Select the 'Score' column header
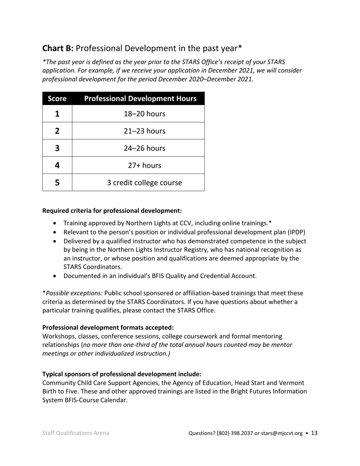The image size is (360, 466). [57, 99]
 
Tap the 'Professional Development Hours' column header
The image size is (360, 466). [140, 99]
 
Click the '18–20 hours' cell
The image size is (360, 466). [144, 114]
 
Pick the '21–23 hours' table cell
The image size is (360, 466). [144, 131]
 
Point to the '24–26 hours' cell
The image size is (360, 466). [144, 148]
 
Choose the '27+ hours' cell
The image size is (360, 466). [144, 166]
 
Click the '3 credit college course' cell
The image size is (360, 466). [144, 183]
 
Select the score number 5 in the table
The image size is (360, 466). [57, 183]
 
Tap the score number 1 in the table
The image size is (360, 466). [57, 114]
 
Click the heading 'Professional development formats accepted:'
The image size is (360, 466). [108, 327]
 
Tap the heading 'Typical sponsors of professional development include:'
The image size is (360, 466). [122, 374]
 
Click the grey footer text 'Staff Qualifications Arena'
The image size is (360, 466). [76, 433]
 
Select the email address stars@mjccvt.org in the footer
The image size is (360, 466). [282, 433]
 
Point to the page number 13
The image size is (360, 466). [314, 433]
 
